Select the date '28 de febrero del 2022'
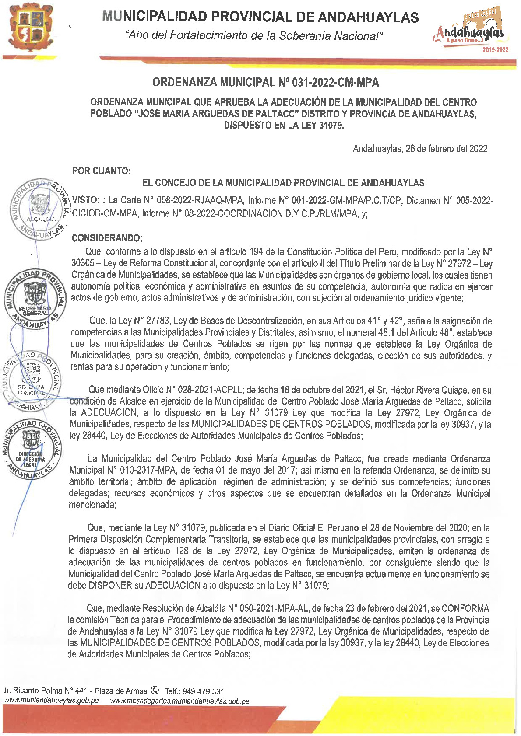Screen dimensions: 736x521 coord(447,149)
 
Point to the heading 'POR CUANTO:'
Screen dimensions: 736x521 coord(102,171)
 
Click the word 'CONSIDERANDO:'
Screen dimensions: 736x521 coord(107,238)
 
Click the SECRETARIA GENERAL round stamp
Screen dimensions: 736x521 coord(35,299)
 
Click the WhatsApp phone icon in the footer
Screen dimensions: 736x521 coord(155,690)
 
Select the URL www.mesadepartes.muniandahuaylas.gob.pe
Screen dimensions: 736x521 coord(180,701)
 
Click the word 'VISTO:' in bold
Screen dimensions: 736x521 coord(86,200)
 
